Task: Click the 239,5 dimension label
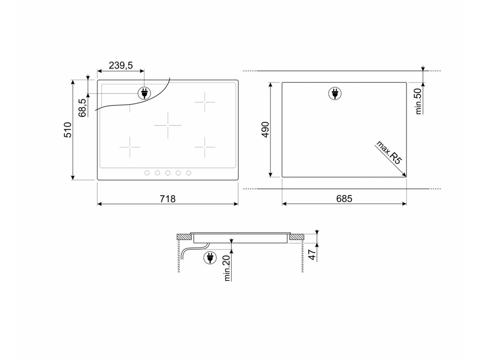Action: [x=120, y=65]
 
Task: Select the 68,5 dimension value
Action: [x=82, y=108]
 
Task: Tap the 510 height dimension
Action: [x=67, y=130]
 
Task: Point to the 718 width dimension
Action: [x=168, y=199]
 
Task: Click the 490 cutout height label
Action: [x=265, y=129]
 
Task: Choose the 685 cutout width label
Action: [x=344, y=199]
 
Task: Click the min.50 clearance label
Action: [x=419, y=101]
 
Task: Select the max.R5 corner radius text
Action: [x=388, y=152]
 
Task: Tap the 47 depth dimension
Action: [x=312, y=255]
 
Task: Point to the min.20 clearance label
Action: [x=227, y=268]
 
